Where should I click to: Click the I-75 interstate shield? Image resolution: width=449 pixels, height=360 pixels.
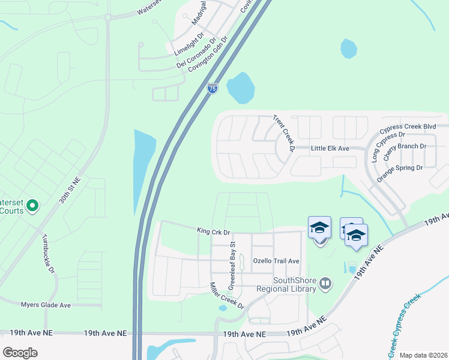(x=212, y=88)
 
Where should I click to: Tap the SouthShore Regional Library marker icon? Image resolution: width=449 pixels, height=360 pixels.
(x=325, y=282)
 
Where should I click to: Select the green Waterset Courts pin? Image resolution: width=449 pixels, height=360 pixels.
(x=32, y=207)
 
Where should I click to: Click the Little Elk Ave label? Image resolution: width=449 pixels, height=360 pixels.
(x=330, y=148)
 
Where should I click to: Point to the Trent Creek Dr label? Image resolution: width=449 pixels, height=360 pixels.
(x=284, y=133)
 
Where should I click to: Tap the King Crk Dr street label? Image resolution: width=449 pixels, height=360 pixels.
(x=214, y=230)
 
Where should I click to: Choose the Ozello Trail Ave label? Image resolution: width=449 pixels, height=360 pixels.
(x=276, y=261)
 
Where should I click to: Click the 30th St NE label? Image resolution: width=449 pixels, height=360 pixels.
(x=69, y=191)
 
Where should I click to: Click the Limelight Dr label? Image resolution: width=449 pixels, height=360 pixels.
(x=189, y=45)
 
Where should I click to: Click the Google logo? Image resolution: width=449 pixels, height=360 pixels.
(x=20, y=353)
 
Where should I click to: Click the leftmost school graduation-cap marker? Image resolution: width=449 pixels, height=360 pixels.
(x=319, y=228)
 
